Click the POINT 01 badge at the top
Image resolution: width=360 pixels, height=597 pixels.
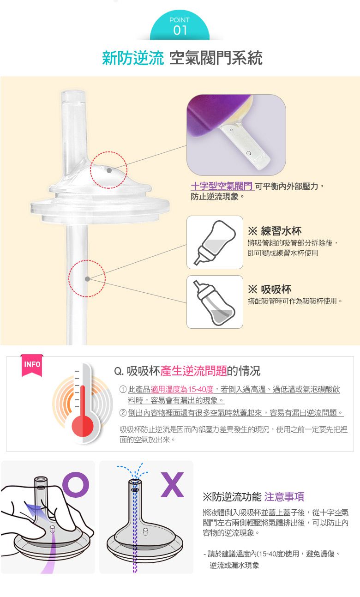pyautogui.click(x=180, y=27)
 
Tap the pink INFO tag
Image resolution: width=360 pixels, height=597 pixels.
pyautogui.click(x=32, y=365)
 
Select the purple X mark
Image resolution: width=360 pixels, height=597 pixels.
pyautogui.click(x=172, y=484)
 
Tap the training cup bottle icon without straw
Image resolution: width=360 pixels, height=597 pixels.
pyautogui.click(x=215, y=242)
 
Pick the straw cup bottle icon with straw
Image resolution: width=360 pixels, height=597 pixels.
pyautogui.click(x=215, y=302)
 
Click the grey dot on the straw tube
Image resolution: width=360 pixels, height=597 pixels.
pyautogui.click(x=87, y=279)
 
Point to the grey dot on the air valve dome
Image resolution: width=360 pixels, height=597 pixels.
pyautogui.click(x=109, y=170)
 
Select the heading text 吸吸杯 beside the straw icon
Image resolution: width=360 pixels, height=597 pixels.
pyautogui.click(x=276, y=289)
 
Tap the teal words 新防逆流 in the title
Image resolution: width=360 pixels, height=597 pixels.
pyautogui.click(x=133, y=58)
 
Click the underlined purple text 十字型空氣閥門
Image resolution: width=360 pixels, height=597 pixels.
pyautogui.click(x=222, y=186)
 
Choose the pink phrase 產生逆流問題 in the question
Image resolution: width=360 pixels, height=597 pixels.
pyautogui.click(x=193, y=370)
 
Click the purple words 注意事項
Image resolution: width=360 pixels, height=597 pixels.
pyautogui.click(x=284, y=496)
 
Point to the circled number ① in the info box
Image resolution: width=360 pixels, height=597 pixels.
pyautogui.click(x=123, y=390)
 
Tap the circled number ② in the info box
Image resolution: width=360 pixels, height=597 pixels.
pyautogui.click(x=123, y=412)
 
